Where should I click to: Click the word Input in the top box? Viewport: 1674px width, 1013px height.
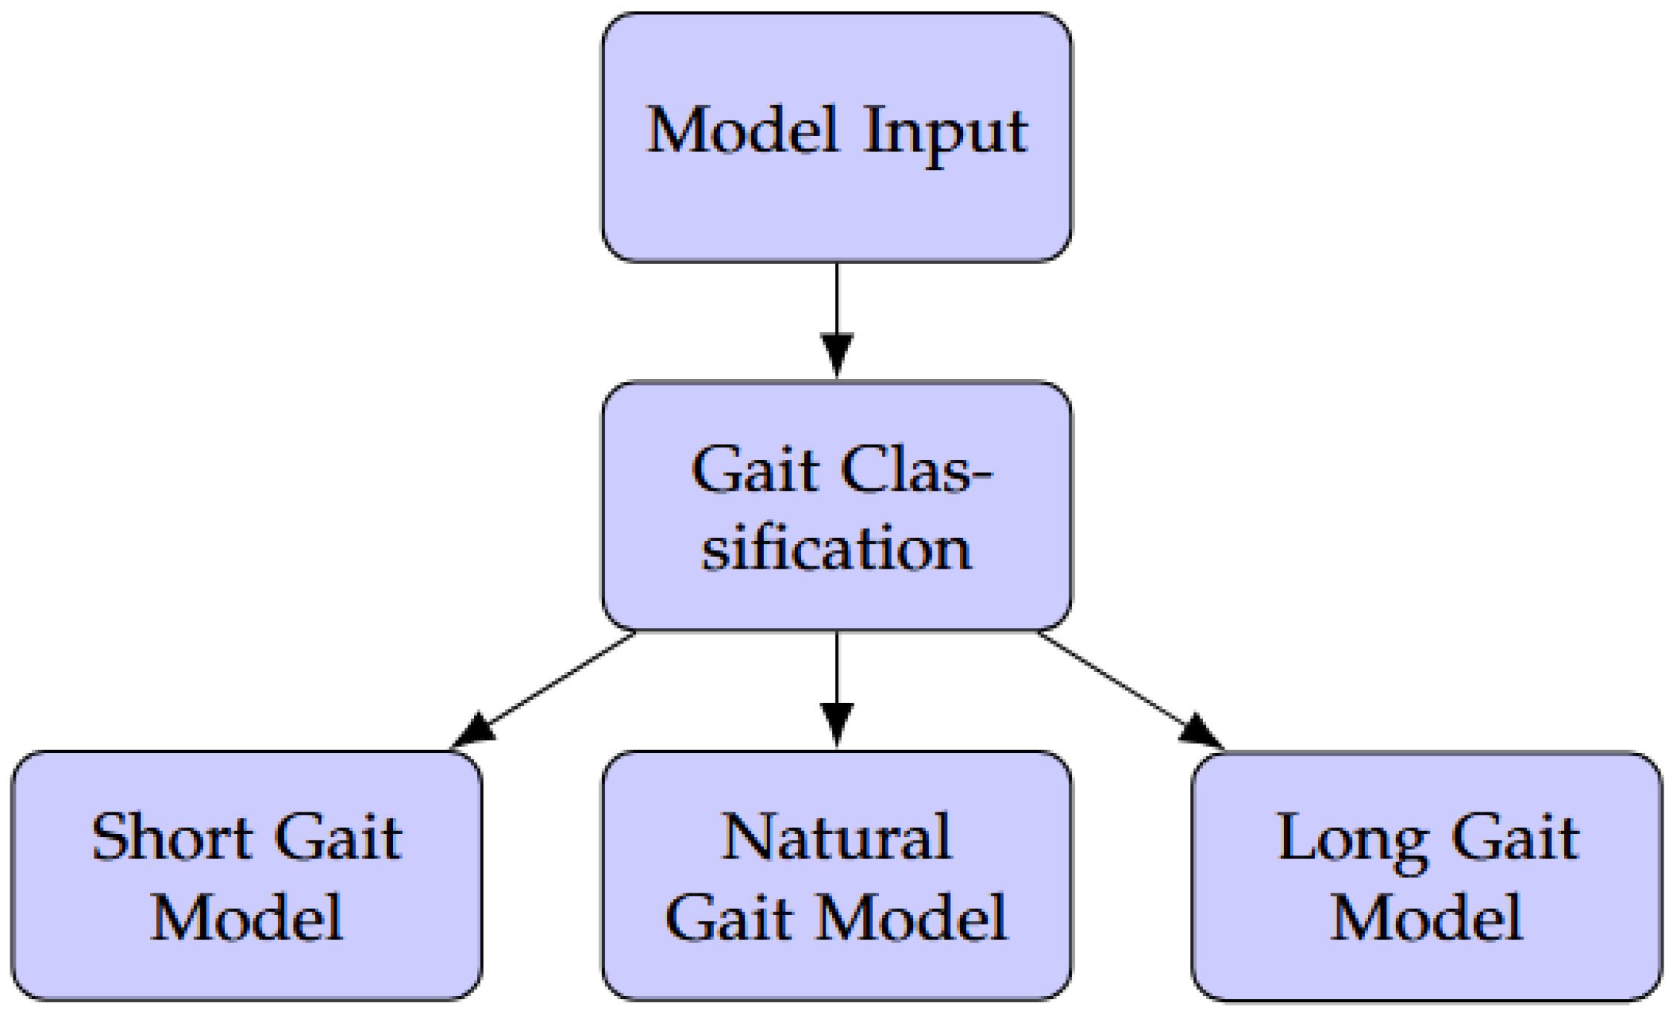tap(945, 132)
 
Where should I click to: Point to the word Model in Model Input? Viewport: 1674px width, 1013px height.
tap(742, 131)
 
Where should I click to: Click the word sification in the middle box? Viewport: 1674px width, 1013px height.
tap(836, 548)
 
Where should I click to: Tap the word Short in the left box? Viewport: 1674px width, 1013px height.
tap(172, 838)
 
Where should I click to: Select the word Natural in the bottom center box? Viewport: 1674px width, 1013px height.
tap(836, 838)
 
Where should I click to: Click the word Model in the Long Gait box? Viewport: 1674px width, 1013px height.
tap(1427, 919)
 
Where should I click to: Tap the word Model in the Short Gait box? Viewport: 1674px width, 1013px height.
tap(247, 919)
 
